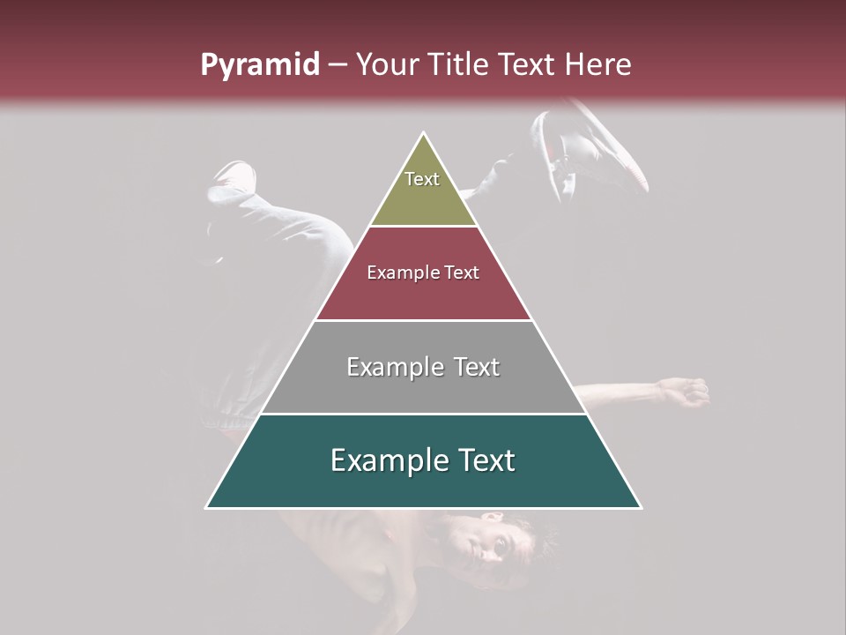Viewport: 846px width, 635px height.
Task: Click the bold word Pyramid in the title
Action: click(259, 65)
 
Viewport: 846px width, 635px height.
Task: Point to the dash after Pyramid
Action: click(337, 65)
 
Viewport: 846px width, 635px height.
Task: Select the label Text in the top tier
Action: click(422, 179)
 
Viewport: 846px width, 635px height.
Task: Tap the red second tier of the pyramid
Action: click(423, 295)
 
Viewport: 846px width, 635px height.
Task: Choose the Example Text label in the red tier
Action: click(423, 273)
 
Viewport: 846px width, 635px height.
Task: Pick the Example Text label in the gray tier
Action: click(423, 367)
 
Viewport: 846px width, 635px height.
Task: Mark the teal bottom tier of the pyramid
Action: click(423, 485)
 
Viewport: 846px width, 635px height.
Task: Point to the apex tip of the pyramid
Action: click(424, 133)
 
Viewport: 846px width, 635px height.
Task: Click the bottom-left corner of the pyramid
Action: click(207, 507)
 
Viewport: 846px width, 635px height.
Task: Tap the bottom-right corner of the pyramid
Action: click(640, 507)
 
